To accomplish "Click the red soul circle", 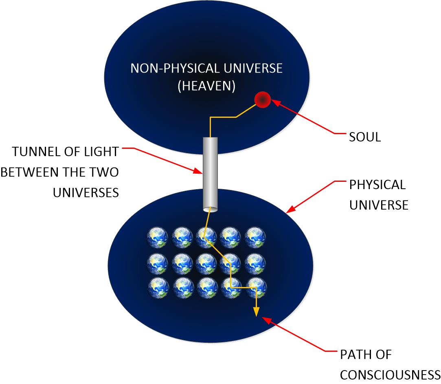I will coord(262,99).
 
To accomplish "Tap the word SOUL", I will coord(365,137).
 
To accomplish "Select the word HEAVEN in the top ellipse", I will coord(206,87).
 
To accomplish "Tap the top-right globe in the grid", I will coord(255,236).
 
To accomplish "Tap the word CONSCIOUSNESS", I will coord(390,374).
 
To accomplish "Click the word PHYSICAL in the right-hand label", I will coord(377,185).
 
